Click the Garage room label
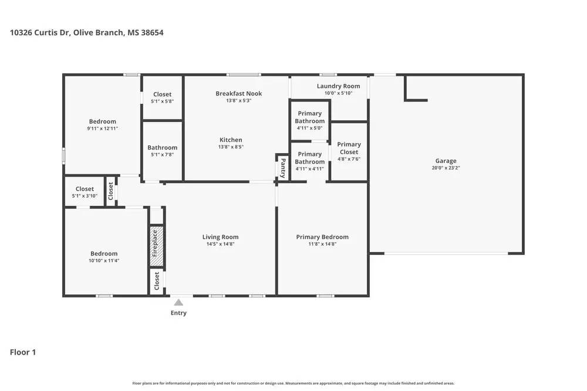point(446,161)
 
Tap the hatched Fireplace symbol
point(156,243)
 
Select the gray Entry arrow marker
point(178,302)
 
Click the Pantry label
point(282,168)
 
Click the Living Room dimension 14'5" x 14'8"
point(220,244)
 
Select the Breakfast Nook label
point(238,93)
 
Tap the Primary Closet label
point(349,148)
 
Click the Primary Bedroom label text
point(322,237)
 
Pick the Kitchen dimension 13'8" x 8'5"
point(231,147)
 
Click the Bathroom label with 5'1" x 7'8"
point(162,148)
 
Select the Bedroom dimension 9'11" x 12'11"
point(103,128)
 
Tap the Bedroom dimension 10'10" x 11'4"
point(103,261)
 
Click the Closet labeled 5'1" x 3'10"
point(85,189)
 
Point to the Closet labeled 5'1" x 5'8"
point(162,94)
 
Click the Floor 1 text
point(23,352)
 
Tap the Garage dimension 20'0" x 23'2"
point(446,168)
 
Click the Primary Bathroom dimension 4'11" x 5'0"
point(309,128)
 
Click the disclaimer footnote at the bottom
point(293,383)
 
